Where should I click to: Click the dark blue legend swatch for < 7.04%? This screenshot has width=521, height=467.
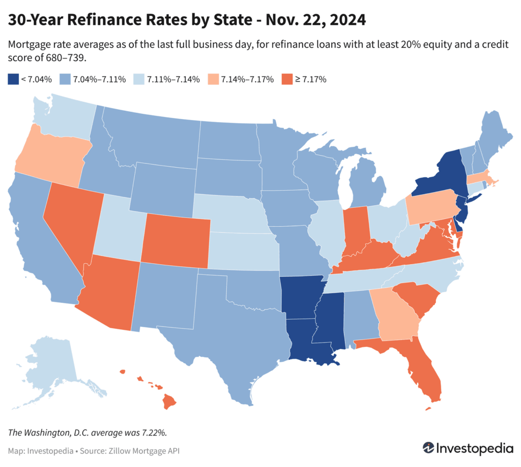(x=13, y=79)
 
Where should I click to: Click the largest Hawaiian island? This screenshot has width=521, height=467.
(x=169, y=402)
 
